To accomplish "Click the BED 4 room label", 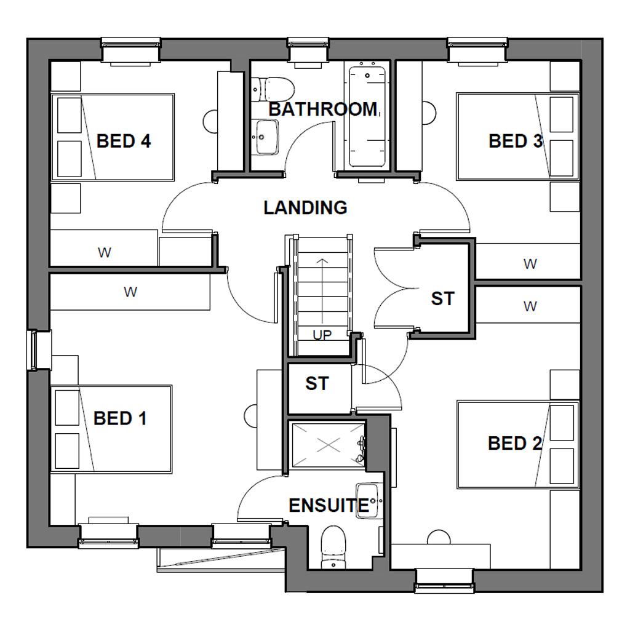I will coord(124,142).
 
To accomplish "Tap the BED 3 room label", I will coord(516,142).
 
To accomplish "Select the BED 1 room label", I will coord(120,419).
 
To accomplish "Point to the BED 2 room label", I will coord(514,443).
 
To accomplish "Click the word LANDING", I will coord(305,208).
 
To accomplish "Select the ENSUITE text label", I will coord(329,506).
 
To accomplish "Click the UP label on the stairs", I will coord(322,335).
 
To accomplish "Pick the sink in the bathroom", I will coord(266,137).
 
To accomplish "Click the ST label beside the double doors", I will coord(442,299).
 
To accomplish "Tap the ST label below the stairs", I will coord(317,384).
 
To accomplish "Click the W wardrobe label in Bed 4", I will coord(104,252).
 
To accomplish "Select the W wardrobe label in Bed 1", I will coord(130,292).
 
